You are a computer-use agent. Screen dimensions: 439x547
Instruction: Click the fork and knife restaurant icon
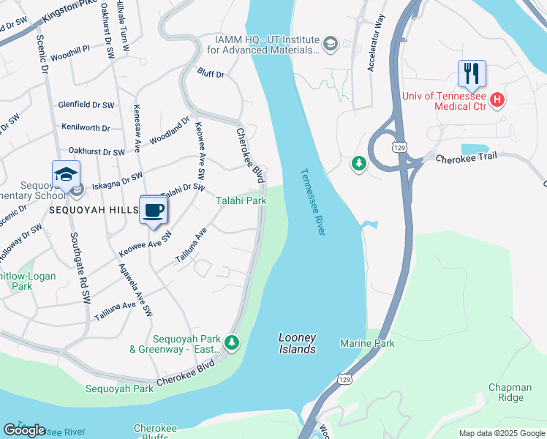click(x=472, y=74)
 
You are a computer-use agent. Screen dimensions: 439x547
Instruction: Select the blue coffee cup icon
click(x=154, y=211)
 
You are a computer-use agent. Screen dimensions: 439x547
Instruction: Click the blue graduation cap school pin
click(x=66, y=176)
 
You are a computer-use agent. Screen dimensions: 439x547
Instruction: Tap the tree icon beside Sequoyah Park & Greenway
click(x=232, y=342)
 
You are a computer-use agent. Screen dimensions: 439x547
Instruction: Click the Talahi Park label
click(x=241, y=200)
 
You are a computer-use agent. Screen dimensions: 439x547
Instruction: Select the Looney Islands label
click(x=297, y=343)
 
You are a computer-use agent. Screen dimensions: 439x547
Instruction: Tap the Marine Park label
click(x=367, y=343)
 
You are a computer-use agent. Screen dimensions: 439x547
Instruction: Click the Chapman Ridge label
click(x=511, y=392)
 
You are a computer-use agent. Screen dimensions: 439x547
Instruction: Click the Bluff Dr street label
click(x=211, y=73)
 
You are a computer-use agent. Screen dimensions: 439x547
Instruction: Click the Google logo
click(x=24, y=430)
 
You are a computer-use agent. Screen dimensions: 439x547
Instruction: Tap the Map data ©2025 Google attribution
click(x=501, y=433)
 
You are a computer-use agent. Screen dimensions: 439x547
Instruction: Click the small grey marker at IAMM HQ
click(x=329, y=45)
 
